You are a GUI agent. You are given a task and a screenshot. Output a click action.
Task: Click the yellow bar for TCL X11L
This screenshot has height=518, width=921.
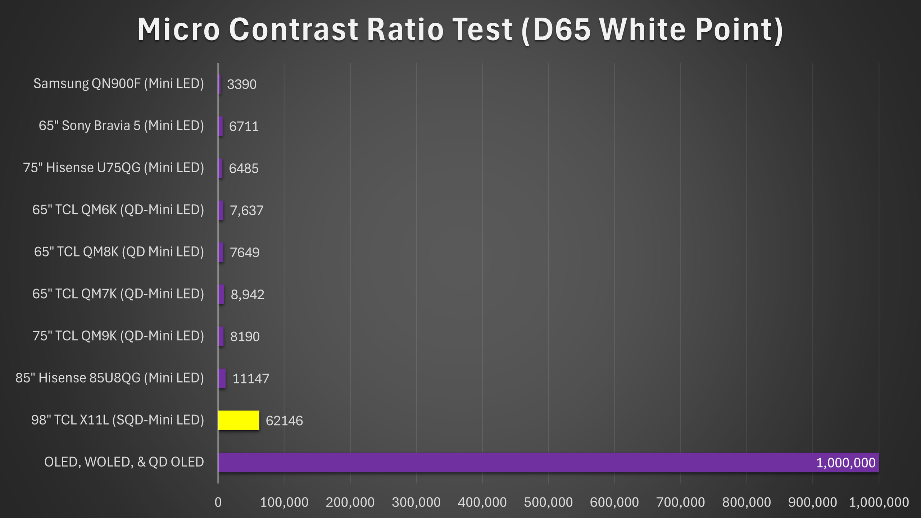(x=239, y=420)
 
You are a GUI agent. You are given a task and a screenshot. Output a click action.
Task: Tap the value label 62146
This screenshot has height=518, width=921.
(x=284, y=421)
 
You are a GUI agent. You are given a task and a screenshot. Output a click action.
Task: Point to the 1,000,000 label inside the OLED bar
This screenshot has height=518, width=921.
(x=845, y=463)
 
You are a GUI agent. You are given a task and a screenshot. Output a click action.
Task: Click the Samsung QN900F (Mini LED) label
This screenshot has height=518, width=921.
(x=119, y=83)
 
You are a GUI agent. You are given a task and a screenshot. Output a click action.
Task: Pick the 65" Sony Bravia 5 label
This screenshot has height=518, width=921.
(x=121, y=126)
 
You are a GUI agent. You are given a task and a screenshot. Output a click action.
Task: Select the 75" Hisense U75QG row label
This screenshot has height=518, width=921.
(x=114, y=168)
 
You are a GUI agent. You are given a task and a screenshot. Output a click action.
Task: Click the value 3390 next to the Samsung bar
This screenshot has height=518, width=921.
(x=242, y=84)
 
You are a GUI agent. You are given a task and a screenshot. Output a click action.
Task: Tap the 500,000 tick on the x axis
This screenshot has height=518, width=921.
(x=548, y=502)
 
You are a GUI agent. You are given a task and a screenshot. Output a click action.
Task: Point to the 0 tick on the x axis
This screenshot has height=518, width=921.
(x=218, y=502)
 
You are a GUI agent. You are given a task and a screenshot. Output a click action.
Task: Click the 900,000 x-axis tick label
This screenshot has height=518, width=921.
(x=812, y=502)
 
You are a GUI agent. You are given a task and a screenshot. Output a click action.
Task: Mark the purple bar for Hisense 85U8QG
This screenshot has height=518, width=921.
(x=222, y=378)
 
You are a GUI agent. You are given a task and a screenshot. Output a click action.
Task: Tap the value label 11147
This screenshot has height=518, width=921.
(x=251, y=378)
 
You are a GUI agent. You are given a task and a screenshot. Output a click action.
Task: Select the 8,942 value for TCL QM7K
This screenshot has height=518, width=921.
(x=248, y=295)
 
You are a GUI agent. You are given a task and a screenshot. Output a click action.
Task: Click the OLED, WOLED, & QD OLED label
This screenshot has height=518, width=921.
(x=124, y=462)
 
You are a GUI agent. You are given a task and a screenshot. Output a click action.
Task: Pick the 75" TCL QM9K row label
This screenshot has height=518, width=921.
(x=118, y=336)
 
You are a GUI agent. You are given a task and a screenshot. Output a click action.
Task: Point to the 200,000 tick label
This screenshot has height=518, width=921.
(x=350, y=502)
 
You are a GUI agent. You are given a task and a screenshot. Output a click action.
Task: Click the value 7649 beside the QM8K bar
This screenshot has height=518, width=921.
(x=245, y=253)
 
